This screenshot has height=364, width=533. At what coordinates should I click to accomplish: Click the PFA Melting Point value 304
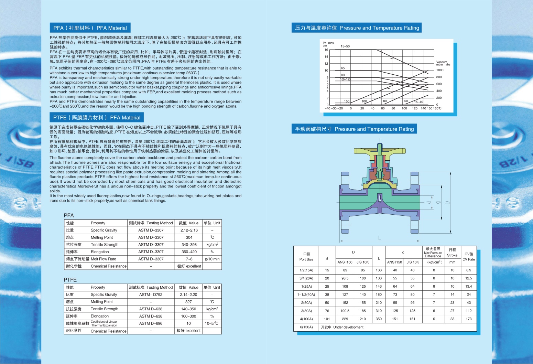coord(189,237)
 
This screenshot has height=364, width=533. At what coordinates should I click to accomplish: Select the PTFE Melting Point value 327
coord(188,302)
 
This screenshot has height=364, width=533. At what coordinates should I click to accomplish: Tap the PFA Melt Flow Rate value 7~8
coord(189,259)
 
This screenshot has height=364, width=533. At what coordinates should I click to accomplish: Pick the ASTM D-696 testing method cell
coord(151,323)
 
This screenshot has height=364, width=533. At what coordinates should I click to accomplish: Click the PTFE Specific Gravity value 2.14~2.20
coord(188,295)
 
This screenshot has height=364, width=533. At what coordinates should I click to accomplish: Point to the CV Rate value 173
coord(469,319)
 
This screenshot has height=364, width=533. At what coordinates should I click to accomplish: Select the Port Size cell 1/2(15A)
coord(306,270)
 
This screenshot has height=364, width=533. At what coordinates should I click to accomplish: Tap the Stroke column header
coord(452,253)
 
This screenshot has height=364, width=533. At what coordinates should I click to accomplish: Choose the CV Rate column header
coord(469,257)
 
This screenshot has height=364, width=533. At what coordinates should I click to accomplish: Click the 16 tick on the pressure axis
coord(326,50)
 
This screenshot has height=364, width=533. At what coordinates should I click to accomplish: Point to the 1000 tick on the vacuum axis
coord(440,70)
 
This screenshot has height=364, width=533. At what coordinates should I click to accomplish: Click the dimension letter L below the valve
coord(379,238)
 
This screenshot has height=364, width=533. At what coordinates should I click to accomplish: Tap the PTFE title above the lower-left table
coord(70,280)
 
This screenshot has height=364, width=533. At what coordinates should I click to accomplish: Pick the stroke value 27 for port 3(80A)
coord(452,311)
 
